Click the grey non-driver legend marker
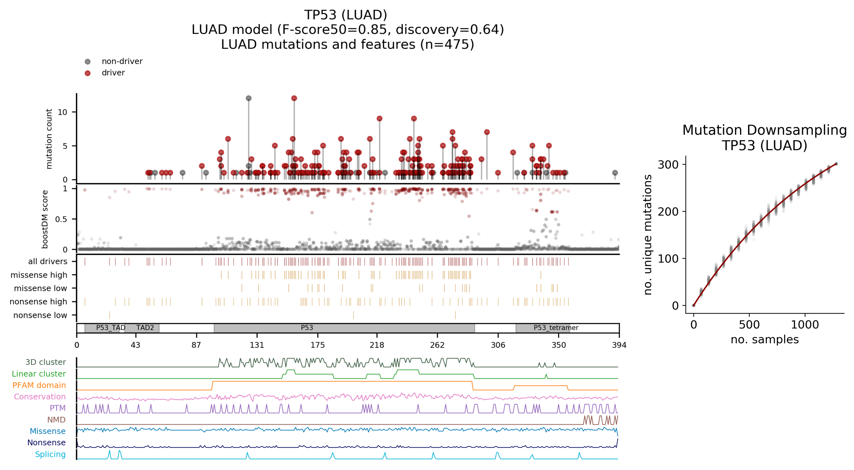click(x=87, y=61)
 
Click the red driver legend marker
click(x=87, y=73)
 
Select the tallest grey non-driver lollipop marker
click(x=249, y=98)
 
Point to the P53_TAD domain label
click(x=110, y=328)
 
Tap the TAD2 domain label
click(x=145, y=328)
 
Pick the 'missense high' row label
click(x=39, y=275)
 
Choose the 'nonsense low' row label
click(x=40, y=315)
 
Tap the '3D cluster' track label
click(x=45, y=362)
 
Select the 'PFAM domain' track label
click(x=39, y=385)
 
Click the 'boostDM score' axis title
click(x=45, y=219)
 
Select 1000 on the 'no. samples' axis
click(x=805, y=325)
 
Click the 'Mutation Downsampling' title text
click(x=764, y=130)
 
